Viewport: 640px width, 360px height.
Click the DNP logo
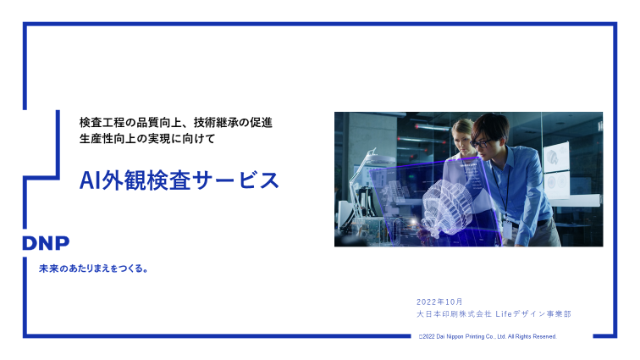point(46,243)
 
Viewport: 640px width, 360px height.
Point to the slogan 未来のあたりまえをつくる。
point(94,269)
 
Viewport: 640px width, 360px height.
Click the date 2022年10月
point(439,302)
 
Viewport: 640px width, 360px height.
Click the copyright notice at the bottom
point(487,336)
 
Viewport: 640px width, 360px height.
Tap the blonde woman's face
point(462,135)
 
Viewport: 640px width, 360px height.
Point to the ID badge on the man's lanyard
point(509,230)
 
